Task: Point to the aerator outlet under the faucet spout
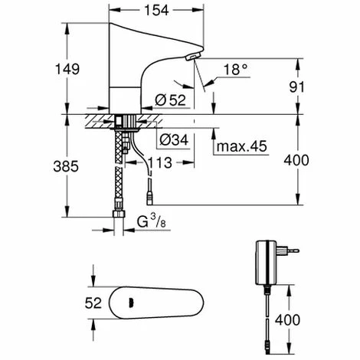191,60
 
